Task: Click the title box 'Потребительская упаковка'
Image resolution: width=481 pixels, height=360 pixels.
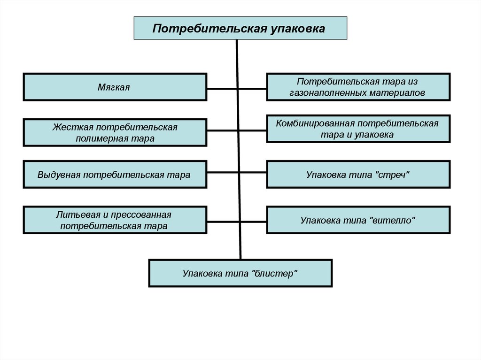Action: click(240, 28)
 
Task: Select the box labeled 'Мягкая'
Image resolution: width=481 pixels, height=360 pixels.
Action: click(115, 87)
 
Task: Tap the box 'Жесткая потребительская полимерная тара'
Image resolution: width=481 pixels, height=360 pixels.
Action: click(115, 133)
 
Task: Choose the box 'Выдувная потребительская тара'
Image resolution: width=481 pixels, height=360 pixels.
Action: click(115, 175)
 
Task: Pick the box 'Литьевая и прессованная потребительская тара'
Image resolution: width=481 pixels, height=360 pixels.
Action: click(115, 220)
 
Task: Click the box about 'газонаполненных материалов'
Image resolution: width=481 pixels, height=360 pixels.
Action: click(358, 87)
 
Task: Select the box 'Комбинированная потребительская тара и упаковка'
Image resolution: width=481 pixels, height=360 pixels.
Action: click(358, 129)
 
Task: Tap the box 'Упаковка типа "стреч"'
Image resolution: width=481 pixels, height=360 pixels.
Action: click(358, 175)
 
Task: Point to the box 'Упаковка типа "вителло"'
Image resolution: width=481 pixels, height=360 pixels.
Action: click(358, 220)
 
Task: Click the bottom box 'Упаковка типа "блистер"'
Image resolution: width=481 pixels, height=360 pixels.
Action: click(240, 273)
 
